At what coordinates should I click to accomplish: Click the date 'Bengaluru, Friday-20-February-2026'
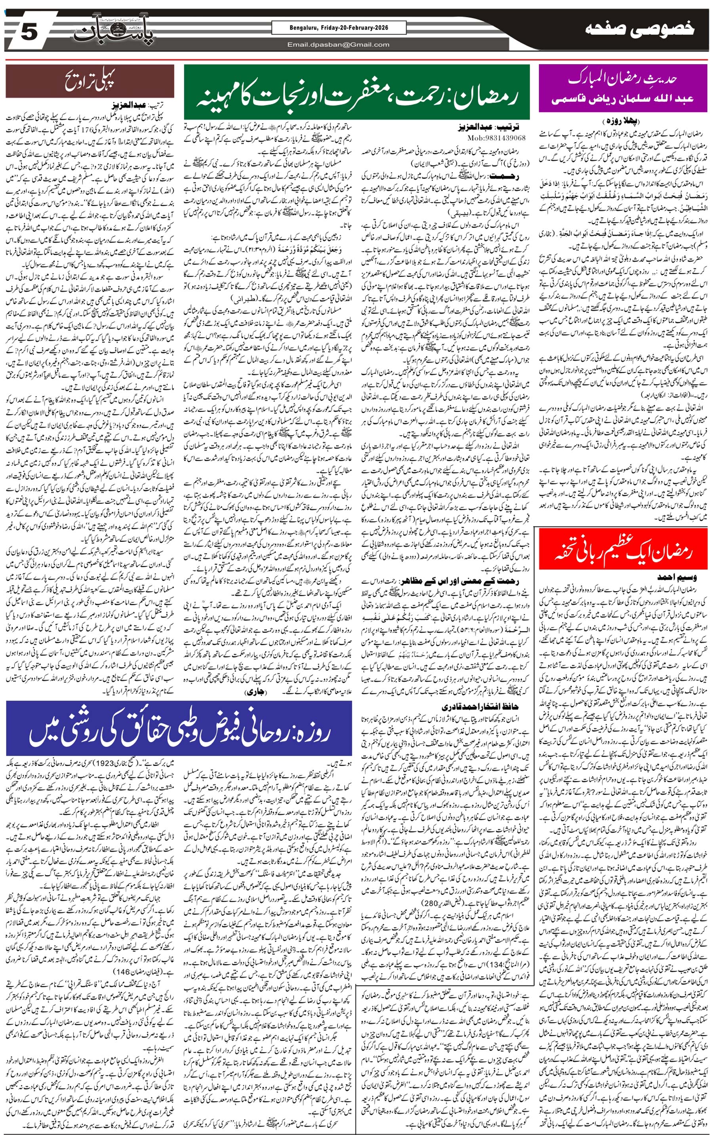pos(339,28)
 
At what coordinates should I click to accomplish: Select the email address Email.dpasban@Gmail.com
pos(339,45)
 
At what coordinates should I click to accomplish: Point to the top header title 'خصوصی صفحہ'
pos(639,29)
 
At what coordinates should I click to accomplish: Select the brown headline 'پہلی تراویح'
pos(90,81)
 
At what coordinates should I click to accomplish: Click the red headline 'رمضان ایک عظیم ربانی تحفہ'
pos(623,549)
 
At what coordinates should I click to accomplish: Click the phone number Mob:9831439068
pos(496,137)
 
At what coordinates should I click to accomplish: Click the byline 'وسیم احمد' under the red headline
pos(677,577)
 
